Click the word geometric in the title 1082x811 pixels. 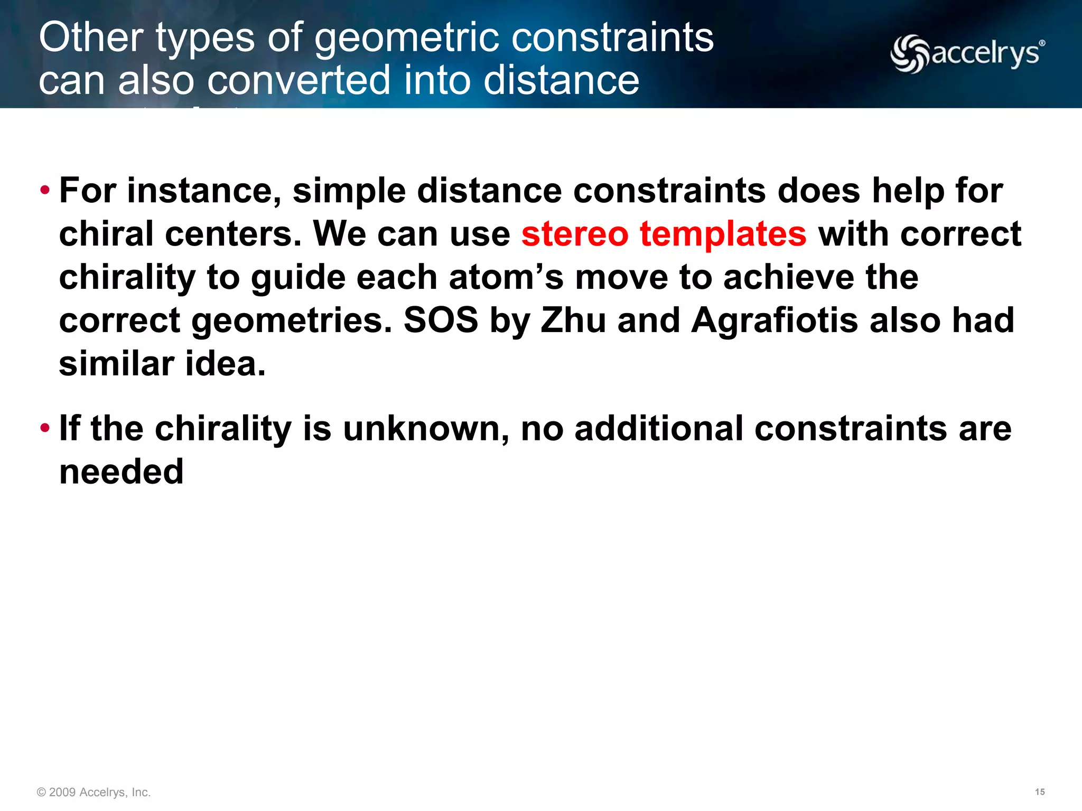[x=408, y=38]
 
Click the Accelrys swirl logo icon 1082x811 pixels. [x=910, y=54]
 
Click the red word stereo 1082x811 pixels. [x=575, y=234]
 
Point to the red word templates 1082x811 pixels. [x=723, y=234]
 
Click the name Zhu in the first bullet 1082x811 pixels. [x=573, y=320]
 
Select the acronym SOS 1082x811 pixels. [x=441, y=320]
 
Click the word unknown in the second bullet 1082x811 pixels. [x=426, y=429]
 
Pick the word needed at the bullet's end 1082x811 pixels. [x=122, y=471]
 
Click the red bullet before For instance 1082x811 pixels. [x=45, y=190]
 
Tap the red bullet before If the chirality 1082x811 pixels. [x=45, y=427]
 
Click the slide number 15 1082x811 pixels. [x=1039, y=791]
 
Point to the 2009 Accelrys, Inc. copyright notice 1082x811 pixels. [x=94, y=792]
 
